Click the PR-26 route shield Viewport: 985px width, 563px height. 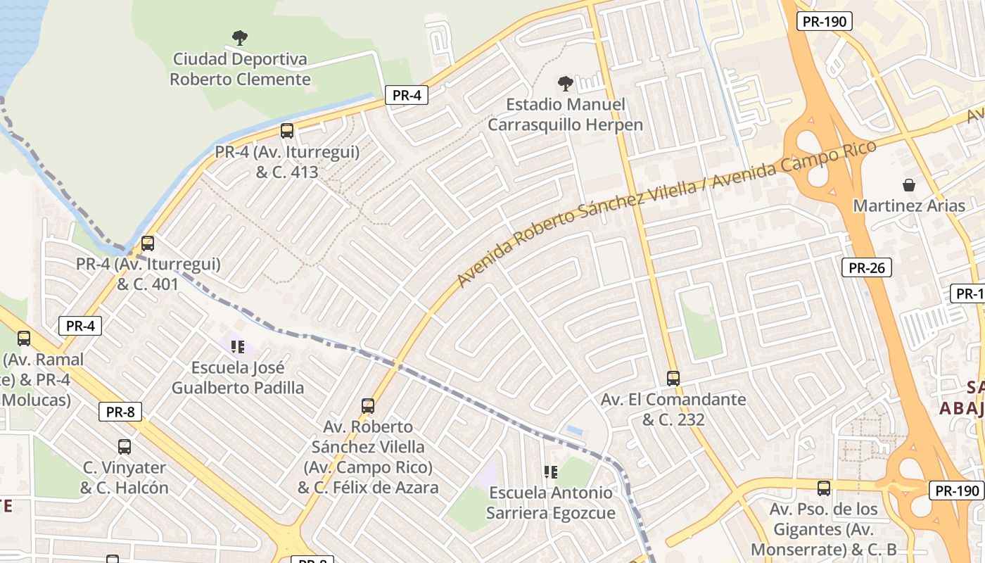(866, 267)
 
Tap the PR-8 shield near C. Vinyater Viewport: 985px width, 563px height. (120, 412)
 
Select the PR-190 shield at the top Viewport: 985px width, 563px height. (825, 21)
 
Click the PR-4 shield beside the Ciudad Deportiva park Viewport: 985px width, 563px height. (407, 95)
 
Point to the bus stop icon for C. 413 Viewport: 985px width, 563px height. (286, 130)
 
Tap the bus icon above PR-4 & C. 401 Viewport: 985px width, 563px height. (148, 243)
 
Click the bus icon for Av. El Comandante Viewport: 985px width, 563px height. (673, 378)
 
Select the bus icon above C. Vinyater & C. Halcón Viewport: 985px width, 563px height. (125, 446)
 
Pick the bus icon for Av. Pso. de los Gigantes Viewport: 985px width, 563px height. (823, 488)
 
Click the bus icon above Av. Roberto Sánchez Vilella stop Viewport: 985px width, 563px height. (367, 405)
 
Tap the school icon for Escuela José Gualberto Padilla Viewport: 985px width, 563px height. (238, 346)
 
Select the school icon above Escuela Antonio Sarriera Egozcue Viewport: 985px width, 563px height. (550, 472)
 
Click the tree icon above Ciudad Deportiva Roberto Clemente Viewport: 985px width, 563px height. (240, 37)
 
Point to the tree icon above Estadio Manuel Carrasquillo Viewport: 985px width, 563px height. (565, 84)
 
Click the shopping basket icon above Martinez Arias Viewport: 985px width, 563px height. (909, 185)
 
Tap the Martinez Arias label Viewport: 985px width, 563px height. (909, 205)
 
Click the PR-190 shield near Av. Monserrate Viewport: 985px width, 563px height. (956, 491)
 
